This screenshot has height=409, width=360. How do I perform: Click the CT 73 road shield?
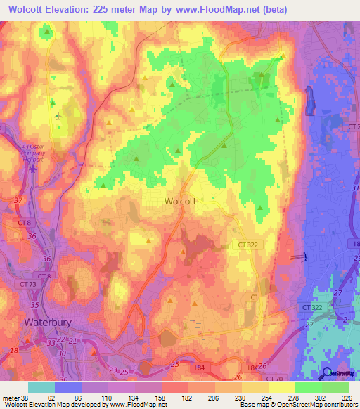28,283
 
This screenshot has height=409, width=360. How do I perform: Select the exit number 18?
13,349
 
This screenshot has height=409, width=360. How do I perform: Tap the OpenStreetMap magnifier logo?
327,373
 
